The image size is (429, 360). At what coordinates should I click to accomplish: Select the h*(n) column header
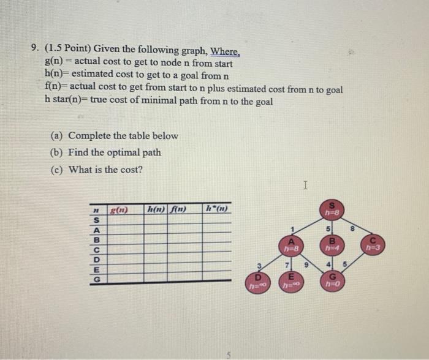[218, 208]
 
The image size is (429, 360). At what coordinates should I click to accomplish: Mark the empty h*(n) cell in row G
[218, 279]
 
